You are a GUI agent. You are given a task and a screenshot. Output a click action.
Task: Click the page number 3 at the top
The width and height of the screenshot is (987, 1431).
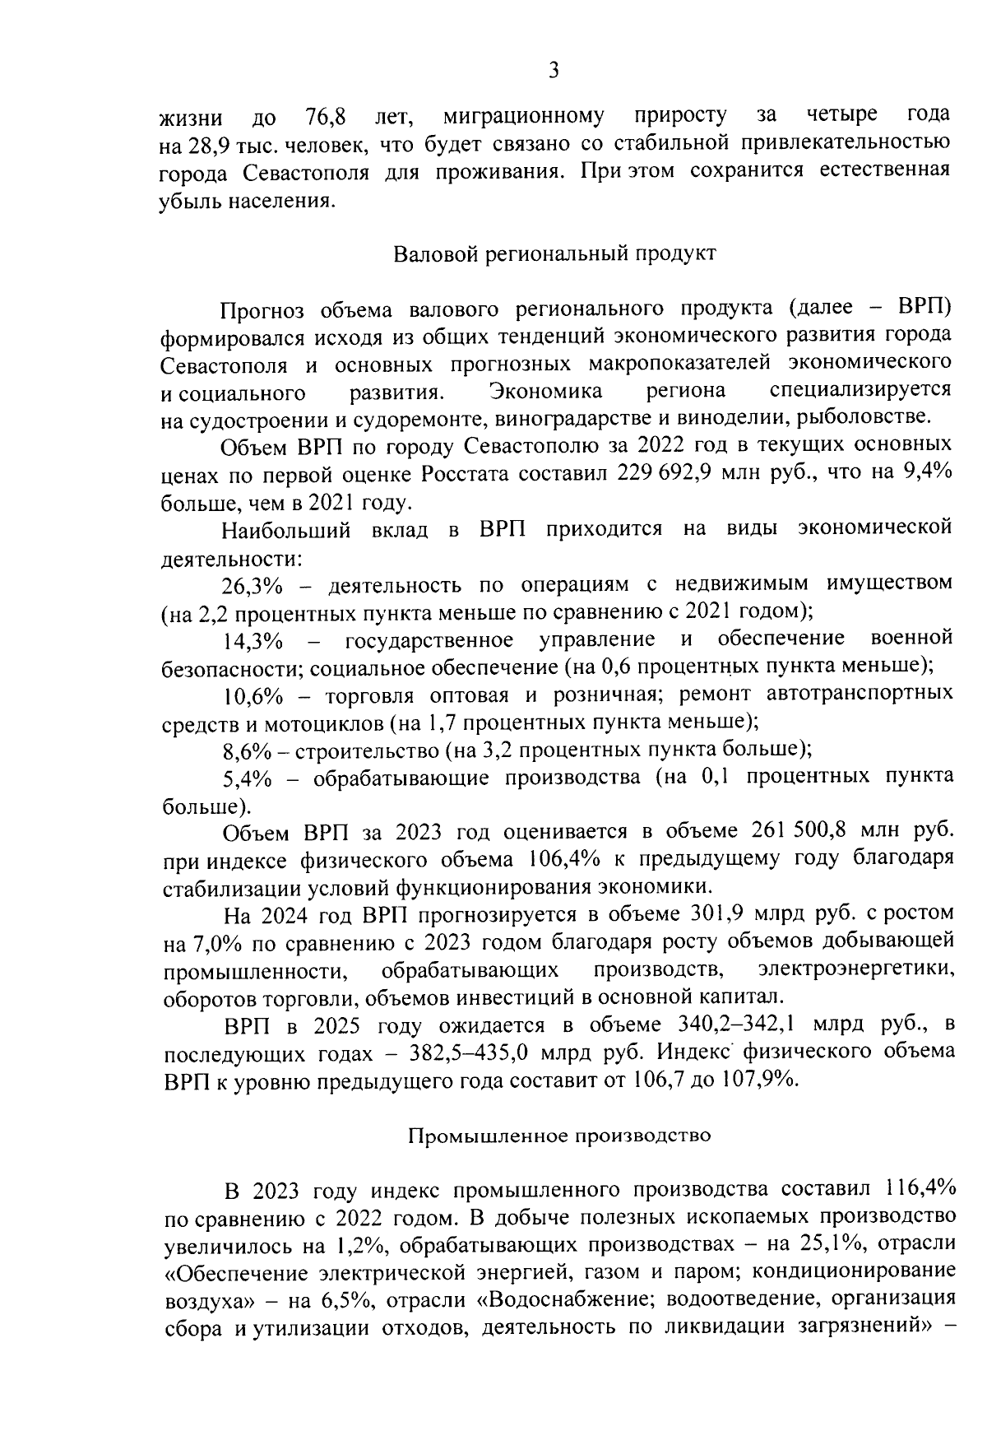[554, 71]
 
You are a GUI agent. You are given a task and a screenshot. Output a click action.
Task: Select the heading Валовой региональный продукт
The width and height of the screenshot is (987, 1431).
[556, 253]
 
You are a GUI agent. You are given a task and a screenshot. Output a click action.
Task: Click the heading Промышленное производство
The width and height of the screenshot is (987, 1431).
[559, 1136]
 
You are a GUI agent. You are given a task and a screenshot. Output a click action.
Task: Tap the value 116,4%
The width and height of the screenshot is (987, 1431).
[920, 1190]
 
